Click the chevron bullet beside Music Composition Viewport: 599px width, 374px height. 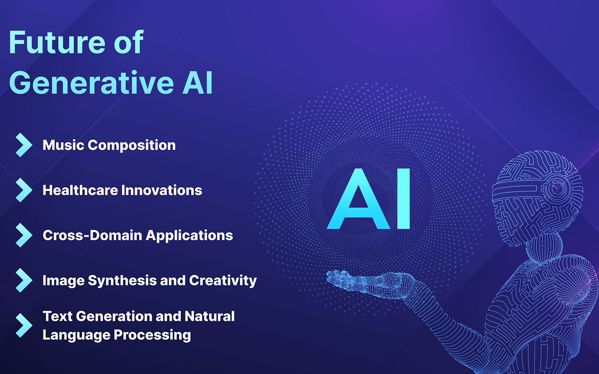[x=23, y=145]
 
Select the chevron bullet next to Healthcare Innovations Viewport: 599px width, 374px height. [x=23, y=190]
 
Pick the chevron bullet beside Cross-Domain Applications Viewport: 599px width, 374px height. [x=23, y=235]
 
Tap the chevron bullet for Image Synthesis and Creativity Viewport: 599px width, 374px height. [x=23, y=280]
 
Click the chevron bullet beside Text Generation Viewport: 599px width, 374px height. [x=23, y=325]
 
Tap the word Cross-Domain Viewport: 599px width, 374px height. [x=92, y=235]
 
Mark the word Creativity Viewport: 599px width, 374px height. [x=223, y=280]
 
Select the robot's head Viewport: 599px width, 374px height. [x=538, y=189]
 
